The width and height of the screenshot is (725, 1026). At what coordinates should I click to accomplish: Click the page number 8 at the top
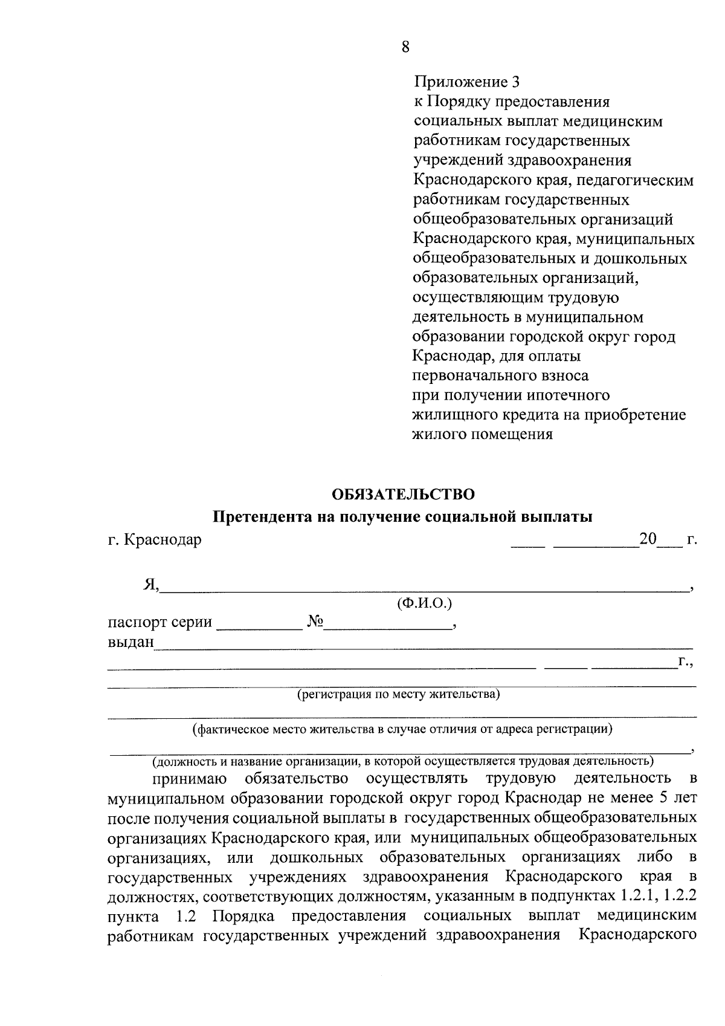click(405, 47)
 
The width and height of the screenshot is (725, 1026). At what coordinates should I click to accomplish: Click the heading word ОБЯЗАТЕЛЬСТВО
click(404, 494)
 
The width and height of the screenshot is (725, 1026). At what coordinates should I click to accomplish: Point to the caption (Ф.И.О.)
click(424, 603)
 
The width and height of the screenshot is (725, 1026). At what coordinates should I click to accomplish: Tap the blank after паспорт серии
click(259, 625)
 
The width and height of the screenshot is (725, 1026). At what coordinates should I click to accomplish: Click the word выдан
click(130, 641)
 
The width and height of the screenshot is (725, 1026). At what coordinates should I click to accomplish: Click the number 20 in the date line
click(648, 539)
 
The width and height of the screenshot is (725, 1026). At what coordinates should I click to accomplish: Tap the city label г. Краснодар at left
click(155, 539)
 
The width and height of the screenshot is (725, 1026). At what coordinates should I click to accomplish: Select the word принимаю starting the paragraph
click(190, 778)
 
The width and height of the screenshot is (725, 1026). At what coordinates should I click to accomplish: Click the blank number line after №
click(388, 625)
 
